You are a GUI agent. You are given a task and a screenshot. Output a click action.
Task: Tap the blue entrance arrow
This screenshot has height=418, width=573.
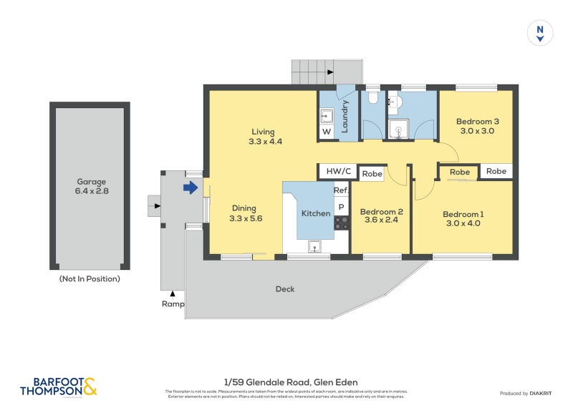pyautogui.click(x=191, y=188)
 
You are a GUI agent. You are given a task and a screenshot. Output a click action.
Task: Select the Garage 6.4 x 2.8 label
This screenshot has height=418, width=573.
pyautogui.click(x=91, y=186)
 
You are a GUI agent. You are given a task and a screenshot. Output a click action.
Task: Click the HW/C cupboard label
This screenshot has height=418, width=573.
pyautogui.click(x=338, y=172)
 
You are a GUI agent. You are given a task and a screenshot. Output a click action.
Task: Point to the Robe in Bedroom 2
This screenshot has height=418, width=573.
pyautogui.click(x=372, y=173)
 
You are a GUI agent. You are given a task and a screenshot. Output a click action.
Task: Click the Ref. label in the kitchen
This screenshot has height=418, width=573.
pyautogui.click(x=341, y=190)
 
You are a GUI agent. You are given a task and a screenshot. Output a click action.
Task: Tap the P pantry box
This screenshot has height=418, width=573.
pyautogui.click(x=341, y=208)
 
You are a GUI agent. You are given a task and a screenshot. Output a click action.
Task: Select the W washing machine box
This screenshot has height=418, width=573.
pyautogui.click(x=326, y=132)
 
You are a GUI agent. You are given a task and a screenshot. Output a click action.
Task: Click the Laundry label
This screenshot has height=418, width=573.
pyautogui.click(x=345, y=117)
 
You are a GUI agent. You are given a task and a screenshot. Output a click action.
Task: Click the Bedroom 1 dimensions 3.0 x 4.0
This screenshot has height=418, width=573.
pyautogui.click(x=463, y=223)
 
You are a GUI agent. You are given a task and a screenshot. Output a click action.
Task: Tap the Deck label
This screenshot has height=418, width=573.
pyautogui.click(x=285, y=289)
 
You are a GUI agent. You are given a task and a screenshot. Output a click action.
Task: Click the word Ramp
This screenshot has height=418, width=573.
pyautogui.click(x=172, y=303)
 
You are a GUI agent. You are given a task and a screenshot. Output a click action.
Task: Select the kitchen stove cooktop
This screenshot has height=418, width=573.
pyautogui.click(x=341, y=223)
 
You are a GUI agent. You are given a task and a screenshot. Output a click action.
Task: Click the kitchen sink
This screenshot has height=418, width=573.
pyautogui.click(x=314, y=247)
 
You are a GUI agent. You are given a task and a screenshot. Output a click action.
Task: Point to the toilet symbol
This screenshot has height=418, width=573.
pyautogui.click(x=373, y=97)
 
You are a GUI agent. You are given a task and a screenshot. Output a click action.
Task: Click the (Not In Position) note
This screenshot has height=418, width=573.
pyautogui.click(x=90, y=278)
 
